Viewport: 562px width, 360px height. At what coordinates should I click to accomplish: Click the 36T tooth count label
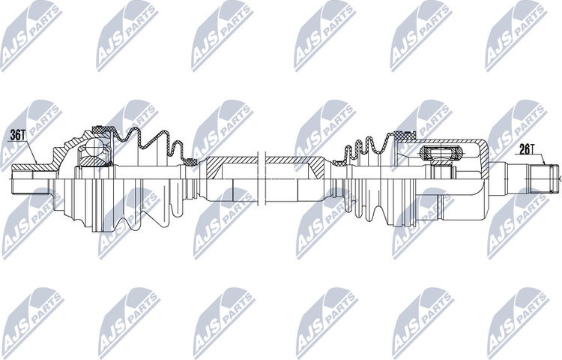18,136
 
